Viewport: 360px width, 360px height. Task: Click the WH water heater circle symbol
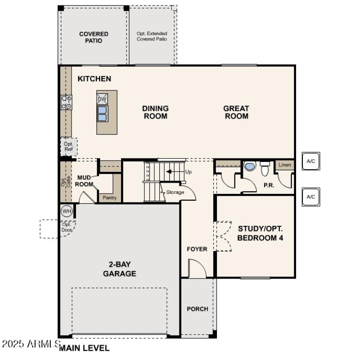67,211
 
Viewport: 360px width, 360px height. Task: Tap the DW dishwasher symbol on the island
102,99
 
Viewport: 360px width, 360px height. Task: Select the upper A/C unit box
311,161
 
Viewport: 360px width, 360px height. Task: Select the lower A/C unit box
311,197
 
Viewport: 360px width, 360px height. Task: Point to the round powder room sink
249,166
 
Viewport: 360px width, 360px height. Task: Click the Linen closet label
285,165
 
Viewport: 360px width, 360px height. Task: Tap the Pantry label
109,198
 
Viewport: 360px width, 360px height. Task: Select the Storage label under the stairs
175,192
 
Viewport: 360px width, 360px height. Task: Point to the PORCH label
198,309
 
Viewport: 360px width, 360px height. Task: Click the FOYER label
197,249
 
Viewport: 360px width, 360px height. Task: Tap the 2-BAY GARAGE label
119,269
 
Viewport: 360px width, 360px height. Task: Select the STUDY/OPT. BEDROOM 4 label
260,233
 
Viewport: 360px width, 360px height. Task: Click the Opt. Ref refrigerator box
69,146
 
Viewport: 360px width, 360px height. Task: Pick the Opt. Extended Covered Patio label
152,36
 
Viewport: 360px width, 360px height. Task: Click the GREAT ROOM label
236,112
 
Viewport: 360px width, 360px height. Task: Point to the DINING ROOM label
155,112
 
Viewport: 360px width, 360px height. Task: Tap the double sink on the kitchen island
103,113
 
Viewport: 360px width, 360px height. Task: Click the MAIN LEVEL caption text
84,348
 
